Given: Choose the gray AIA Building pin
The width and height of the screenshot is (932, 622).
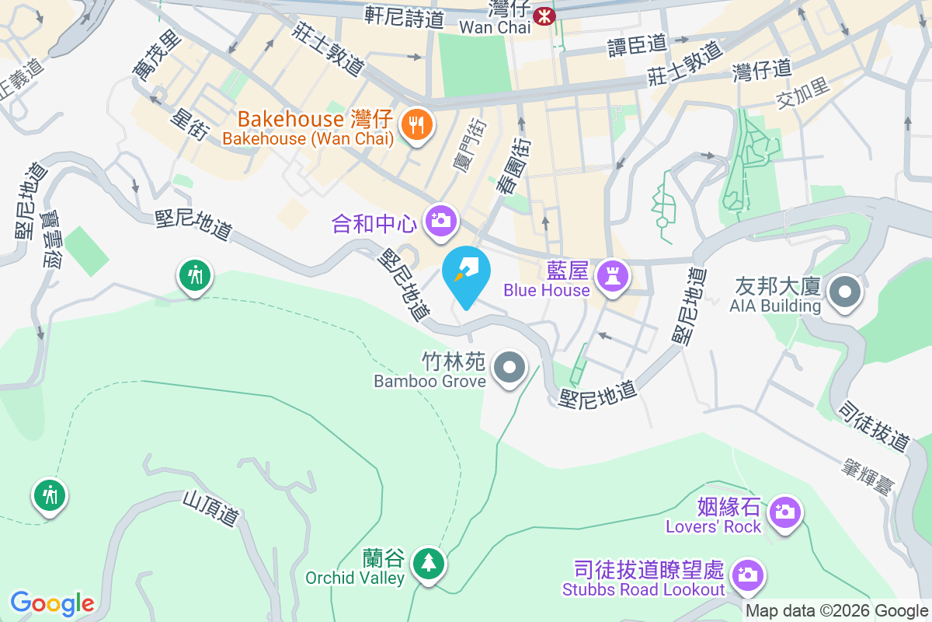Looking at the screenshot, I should pos(844,292).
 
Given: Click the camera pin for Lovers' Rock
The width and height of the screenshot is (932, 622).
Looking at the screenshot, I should pos(785,512).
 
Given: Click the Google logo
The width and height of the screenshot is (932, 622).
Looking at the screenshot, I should pos(52,603).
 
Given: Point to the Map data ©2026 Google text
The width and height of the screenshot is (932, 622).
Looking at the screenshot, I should pos(837,611).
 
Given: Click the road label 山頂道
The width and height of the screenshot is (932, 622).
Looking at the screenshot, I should pos(210,507).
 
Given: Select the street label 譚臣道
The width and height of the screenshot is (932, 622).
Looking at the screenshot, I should pos(637,45).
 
